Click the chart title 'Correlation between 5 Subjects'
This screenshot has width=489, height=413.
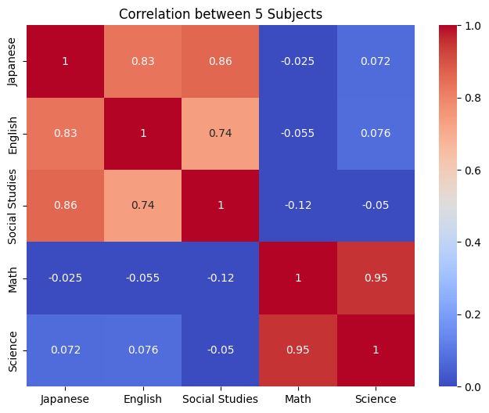(220, 13)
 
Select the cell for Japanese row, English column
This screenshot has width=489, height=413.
(143, 61)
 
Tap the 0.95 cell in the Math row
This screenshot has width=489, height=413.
(376, 278)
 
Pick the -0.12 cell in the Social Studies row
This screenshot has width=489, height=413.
(298, 206)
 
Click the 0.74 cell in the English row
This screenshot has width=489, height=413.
(221, 133)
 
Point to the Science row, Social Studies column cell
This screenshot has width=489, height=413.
(221, 350)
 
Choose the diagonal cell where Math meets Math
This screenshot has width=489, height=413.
(298, 278)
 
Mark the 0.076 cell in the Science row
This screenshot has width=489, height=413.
(143, 350)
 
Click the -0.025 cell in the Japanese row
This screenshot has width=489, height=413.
(298, 61)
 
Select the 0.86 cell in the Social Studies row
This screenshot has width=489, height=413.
(66, 206)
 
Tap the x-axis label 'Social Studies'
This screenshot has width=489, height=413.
(221, 399)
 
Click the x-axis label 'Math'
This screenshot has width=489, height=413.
(298, 399)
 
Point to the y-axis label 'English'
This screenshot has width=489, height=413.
(13, 133)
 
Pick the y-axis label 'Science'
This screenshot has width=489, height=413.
(13, 350)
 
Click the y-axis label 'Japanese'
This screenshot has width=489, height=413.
(13, 61)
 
